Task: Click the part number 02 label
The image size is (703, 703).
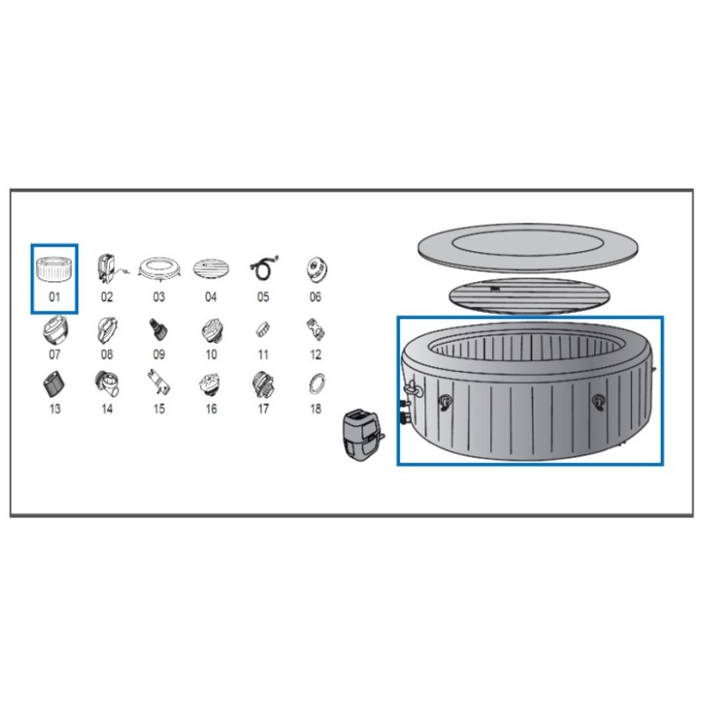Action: (x=106, y=297)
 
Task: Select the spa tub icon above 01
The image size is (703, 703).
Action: (x=54, y=270)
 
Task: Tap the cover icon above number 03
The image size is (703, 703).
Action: (x=159, y=269)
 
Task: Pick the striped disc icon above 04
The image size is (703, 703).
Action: (x=211, y=269)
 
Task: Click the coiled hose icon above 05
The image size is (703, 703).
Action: (x=264, y=268)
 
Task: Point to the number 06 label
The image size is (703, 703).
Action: (x=315, y=297)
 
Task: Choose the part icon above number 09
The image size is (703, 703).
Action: (x=158, y=330)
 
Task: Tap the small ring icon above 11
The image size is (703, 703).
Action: (x=263, y=330)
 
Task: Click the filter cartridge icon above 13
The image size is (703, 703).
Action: (x=54, y=385)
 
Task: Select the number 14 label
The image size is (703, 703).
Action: (x=106, y=409)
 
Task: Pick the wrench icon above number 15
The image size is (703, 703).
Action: (x=159, y=382)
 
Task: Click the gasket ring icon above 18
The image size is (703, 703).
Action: (x=317, y=384)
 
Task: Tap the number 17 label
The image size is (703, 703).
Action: (x=263, y=409)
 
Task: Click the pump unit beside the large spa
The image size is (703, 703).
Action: (x=362, y=435)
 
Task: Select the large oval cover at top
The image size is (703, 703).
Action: (x=528, y=248)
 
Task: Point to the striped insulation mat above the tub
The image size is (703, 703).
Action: (x=530, y=295)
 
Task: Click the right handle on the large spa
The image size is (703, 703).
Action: (x=598, y=402)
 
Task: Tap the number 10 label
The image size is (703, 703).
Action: (x=211, y=355)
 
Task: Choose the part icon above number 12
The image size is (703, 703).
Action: (x=315, y=330)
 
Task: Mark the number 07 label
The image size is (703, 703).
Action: (x=54, y=355)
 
